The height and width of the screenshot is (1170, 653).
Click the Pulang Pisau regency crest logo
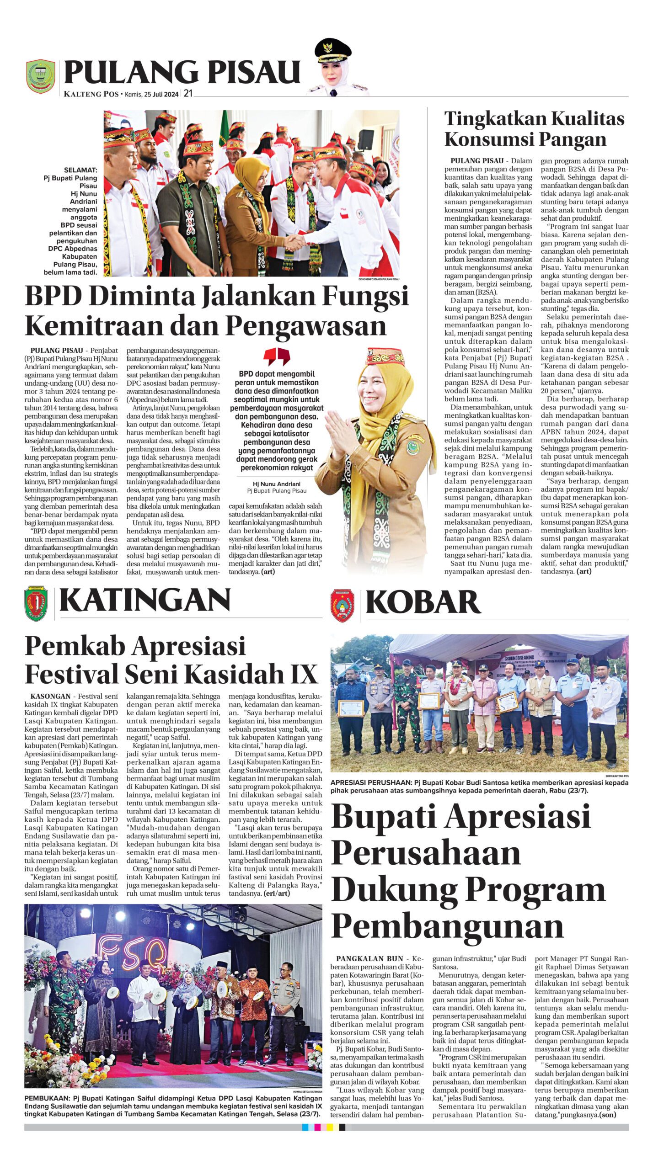40,76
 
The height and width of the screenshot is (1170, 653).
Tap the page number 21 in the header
188,94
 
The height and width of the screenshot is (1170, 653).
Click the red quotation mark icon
277,356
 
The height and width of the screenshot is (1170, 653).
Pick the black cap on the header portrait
333,48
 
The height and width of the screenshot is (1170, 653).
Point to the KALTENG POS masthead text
91,95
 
